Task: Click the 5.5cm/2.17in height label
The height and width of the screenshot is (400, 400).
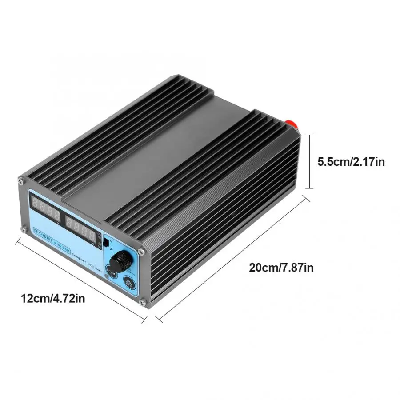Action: pyautogui.click(x=351, y=161)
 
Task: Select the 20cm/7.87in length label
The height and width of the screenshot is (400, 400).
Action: pyautogui.click(x=281, y=267)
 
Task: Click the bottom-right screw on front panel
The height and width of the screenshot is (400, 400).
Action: pyautogui.click(x=141, y=303)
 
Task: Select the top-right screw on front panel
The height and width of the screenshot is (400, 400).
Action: pyautogui.click(x=142, y=251)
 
